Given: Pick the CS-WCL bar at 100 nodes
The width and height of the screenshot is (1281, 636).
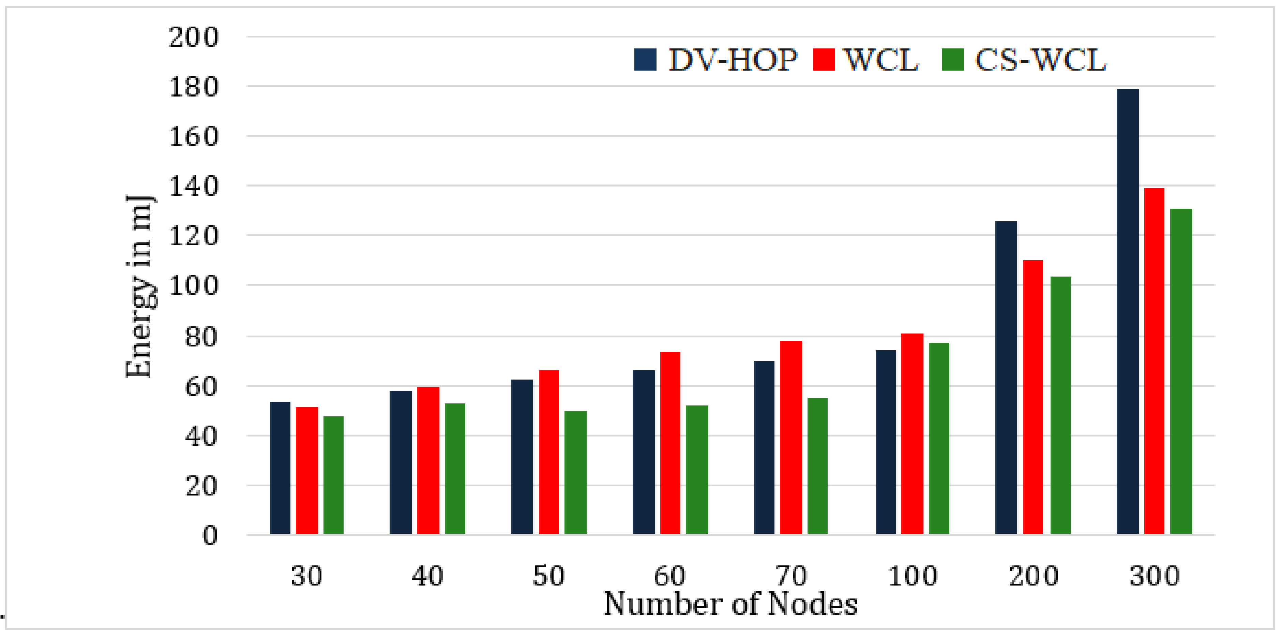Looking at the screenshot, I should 939,438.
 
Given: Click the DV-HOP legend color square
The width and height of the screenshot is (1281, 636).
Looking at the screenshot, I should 645,60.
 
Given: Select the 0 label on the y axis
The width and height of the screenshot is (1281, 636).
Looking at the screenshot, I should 209,536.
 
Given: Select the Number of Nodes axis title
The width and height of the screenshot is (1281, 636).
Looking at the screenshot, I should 730,605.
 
